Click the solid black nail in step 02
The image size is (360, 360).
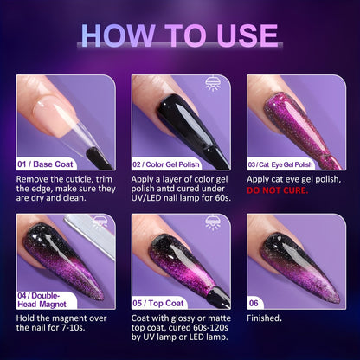(173, 117)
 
